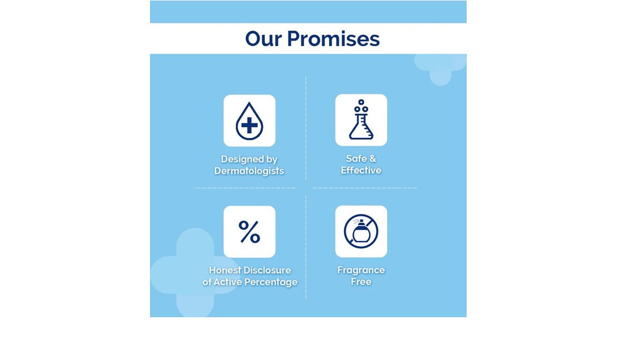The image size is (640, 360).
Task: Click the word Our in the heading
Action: [263, 39]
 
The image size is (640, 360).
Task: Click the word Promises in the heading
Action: [333, 39]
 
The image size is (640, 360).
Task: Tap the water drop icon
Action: [249, 121]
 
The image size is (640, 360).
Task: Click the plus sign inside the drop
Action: [249, 125]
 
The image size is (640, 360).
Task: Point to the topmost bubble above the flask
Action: [361, 102]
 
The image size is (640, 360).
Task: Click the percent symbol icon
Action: [249, 232]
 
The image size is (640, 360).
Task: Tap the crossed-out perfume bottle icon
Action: [361, 232]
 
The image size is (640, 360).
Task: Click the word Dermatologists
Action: [249, 171]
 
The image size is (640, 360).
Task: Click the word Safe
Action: [356, 158]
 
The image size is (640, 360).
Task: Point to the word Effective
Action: [361, 170]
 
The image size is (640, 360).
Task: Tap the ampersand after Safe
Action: [373, 158]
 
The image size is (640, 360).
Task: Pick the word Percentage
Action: [274, 282]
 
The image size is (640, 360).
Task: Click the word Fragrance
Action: [361, 270]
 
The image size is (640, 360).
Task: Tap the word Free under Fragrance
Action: [361, 282]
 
